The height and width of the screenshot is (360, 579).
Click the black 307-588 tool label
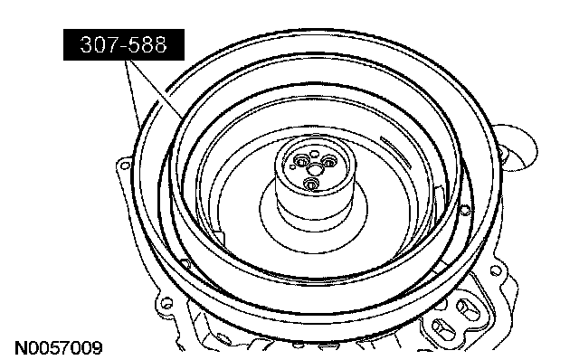pos(124,44)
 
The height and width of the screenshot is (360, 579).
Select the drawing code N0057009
pos(58,348)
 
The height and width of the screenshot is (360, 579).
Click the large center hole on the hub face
pos(315,169)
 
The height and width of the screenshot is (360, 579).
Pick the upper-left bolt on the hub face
pos(301,161)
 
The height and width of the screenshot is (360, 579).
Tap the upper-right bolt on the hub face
pos(328,161)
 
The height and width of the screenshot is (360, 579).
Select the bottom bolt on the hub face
pos(311,184)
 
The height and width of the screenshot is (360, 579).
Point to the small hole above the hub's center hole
pos(314,154)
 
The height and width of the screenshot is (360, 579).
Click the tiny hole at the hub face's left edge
pos(292,167)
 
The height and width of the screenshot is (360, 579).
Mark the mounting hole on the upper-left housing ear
pos(125,166)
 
